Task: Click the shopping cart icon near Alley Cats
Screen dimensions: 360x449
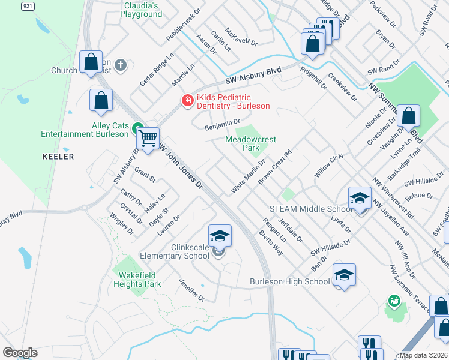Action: click(148, 139)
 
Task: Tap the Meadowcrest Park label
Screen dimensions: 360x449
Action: click(250, 143)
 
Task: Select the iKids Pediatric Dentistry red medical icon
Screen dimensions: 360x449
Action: click(187, 100)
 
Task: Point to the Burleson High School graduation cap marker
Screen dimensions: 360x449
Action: click(344, 275)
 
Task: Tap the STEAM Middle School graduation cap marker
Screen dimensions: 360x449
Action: click(360, 198)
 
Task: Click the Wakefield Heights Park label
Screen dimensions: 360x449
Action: click(137, 280)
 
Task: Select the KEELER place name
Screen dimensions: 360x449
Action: click(59, 157)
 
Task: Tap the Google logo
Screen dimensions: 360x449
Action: click(20, 353)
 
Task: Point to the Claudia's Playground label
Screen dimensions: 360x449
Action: click(142, 9)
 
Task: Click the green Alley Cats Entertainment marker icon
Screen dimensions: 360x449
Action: click(137, 127)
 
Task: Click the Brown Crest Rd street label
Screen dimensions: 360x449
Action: click(274, 166)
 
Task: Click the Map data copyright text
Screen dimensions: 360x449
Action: click(423, 355)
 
